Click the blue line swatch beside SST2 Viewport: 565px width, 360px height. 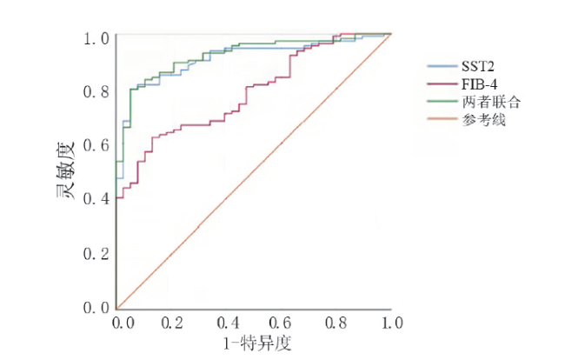pyautogui.click(x=437, y=66)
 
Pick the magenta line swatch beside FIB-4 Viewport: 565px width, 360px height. pyautogui.click(x=437, y=84)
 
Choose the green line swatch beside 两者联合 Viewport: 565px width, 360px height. pyautogui.click(x=437, y=103)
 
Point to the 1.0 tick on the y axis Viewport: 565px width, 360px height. pyautogui.click(x=96, y=38)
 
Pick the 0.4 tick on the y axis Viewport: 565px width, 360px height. pyautogui.click(x=96, y=199)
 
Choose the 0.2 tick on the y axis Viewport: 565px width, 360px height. pyautogui.click(x=96, y=254)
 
